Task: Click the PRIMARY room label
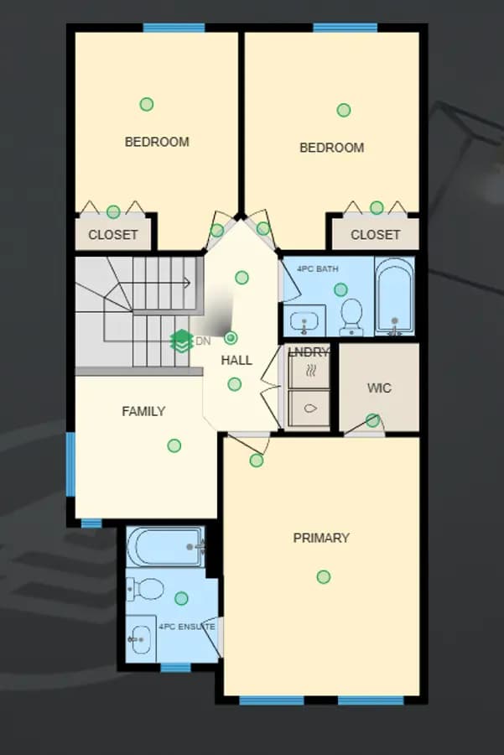[x=321, y=538]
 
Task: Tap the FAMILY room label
[x=143, y=411]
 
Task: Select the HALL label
[x=236, y=360]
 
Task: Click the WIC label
[x=379, y=388]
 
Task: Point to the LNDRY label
[x=309, y=352]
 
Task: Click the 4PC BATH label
[x=318, y=268]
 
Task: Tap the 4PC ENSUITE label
[x=187, y=627]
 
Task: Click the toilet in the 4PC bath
[x=351, y=316]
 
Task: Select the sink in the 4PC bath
[x=304, y=321]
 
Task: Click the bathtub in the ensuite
[x=165, y=547]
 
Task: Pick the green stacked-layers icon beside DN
[x=181, y=341]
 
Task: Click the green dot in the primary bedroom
[x=324, y=577]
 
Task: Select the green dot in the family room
[x=174, y=446]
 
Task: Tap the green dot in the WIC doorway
[x=372, y=420]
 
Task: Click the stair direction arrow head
[x=187, y=284]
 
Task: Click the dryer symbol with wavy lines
[x=310, y=371]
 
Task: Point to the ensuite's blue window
[x=175, y=668]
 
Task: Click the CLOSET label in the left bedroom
[x=113, y=235]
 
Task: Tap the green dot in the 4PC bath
[x=340, y=290]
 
